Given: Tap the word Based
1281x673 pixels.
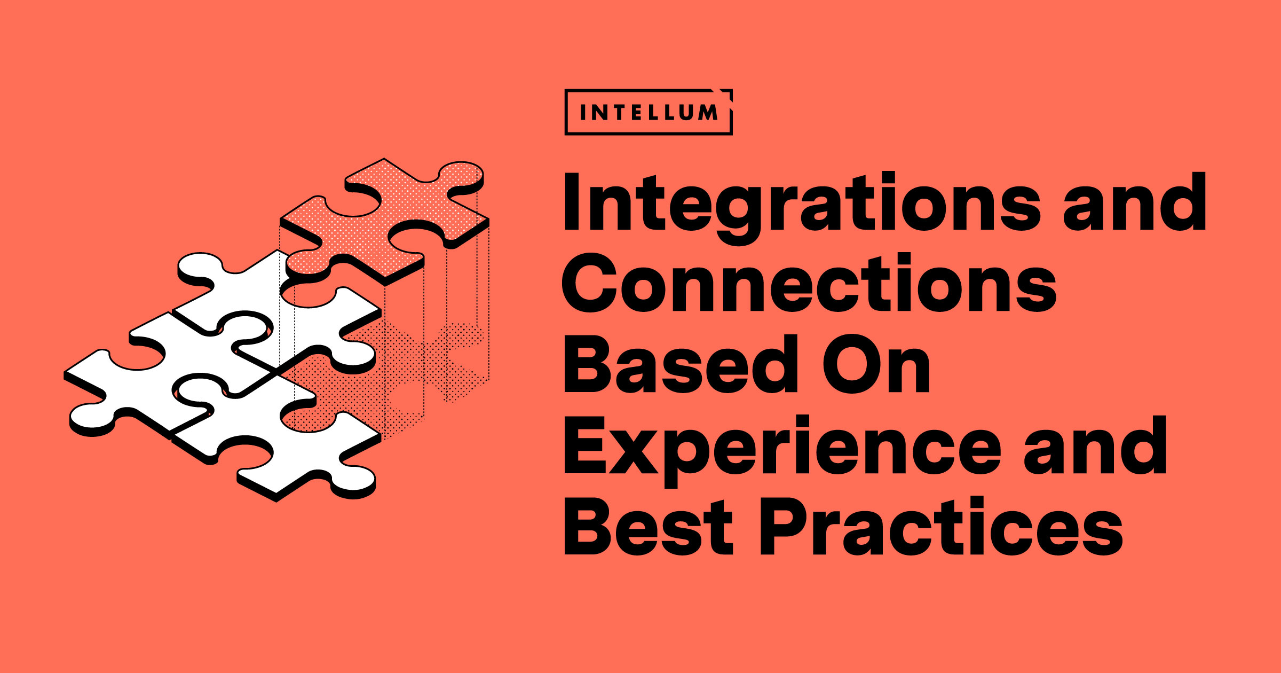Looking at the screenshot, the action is (681, 364).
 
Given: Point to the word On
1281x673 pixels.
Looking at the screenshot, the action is (876, 365).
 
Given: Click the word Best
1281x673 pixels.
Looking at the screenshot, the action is (648, 526).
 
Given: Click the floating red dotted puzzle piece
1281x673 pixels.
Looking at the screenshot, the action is (385, 221).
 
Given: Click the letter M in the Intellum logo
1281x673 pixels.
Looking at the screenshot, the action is (707, 112).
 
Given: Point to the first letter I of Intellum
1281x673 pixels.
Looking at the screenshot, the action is (583, 112).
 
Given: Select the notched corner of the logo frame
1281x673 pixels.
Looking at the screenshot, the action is (726, 94).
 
